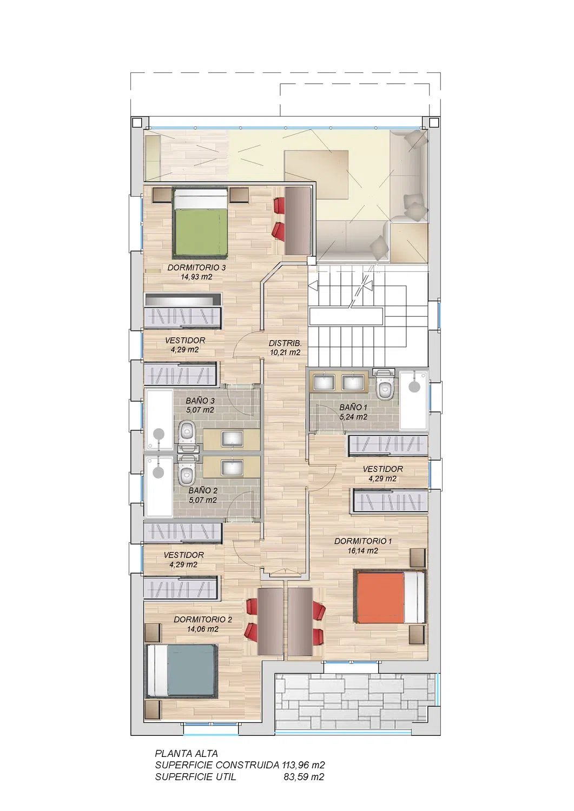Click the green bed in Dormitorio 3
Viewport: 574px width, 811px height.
[x=200, y=223]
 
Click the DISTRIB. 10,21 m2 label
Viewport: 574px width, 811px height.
[x=285, y=348]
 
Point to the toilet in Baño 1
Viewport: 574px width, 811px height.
[x=384, y=385]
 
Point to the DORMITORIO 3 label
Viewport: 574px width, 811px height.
[x=196, y=268]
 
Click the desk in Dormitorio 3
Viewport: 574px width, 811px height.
[x=298, y=221]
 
